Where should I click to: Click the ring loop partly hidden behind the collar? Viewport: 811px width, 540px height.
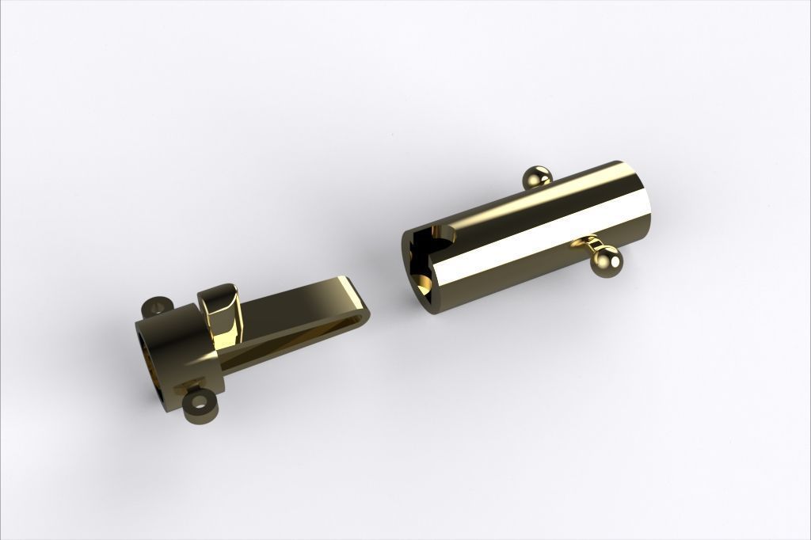coord(155,306)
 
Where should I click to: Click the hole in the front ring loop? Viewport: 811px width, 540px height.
coord(200,404)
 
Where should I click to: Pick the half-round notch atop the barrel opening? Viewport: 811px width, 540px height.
coord(443,234)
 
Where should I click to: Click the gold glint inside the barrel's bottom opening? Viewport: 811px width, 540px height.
coord(425,283)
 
